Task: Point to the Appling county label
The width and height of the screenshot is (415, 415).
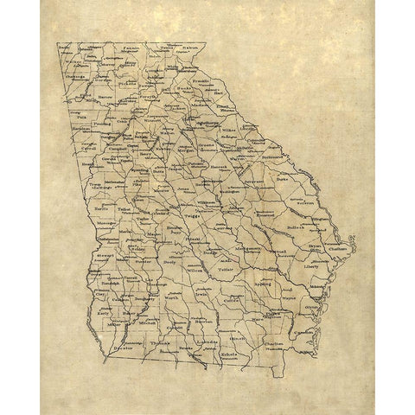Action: (265, 282)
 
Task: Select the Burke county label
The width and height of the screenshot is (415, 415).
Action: (285, 180)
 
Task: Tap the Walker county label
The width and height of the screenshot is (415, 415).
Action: (76, 62)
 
